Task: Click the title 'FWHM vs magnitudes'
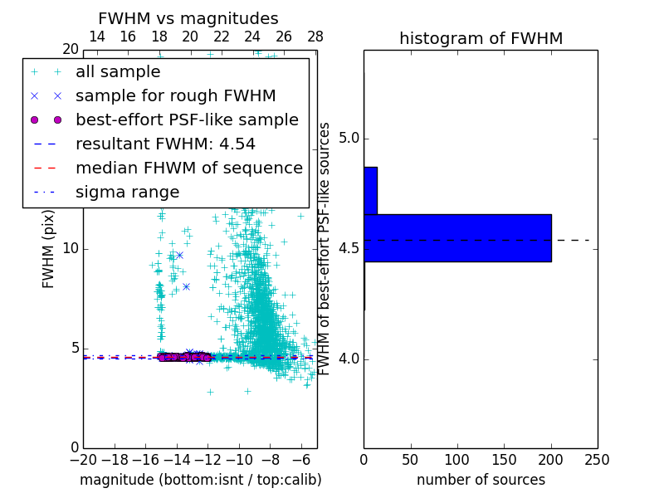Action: (188, 19)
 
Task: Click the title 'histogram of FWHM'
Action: (481, 38)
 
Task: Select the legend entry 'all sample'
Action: (118, 72)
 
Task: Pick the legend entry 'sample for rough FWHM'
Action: (175, 95)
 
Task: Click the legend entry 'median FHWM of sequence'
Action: (188, 168)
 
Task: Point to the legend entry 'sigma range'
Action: (127, 192)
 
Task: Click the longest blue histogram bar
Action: (457, 238)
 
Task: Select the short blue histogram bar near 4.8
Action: (370, 190)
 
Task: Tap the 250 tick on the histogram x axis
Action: (598, 459)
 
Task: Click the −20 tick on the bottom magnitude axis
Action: (83, 459)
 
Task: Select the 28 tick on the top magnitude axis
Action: (315, 37)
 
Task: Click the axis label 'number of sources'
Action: (481, 480)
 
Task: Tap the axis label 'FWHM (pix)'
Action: (49, 249)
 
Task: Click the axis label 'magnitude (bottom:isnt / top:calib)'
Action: (200, 480)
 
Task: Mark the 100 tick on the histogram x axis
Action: (457, 459)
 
